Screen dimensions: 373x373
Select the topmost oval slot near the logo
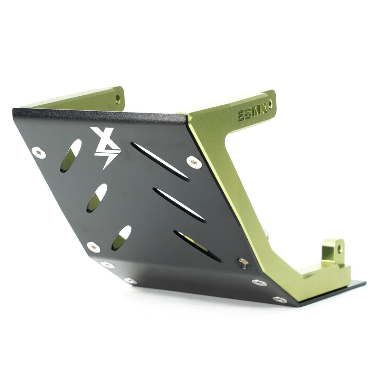click(71, 156)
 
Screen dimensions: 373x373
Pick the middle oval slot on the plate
click(97, 198)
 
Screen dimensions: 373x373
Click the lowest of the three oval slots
click(121, 238)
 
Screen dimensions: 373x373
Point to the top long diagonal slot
click(160, 162)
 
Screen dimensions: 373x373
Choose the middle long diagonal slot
click(179, 205)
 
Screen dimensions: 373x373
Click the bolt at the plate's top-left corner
click(39, 152)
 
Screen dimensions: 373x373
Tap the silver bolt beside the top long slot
click(194, 162)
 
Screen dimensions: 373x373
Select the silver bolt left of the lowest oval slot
click(94, 247)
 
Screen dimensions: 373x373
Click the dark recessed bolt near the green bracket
click(244, 262)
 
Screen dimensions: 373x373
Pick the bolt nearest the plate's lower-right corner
click(279, 299)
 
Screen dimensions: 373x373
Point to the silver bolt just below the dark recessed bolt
click(259, 282)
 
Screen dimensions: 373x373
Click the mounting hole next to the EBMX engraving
click(270, 104)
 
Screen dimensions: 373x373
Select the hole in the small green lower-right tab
click(340, 248)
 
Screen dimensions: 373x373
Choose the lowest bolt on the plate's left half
click(130, 281)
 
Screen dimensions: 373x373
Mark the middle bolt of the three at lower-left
click(108, 265)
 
